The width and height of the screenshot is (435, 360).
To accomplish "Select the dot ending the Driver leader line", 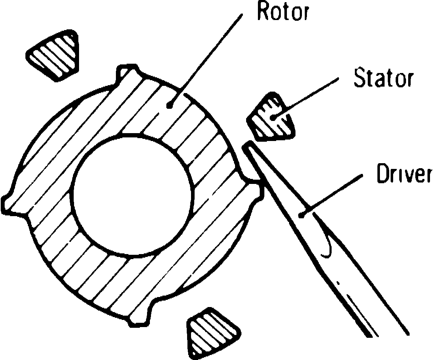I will (x=302, y=215).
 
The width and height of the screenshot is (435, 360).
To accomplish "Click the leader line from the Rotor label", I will (x=207, y=57).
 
